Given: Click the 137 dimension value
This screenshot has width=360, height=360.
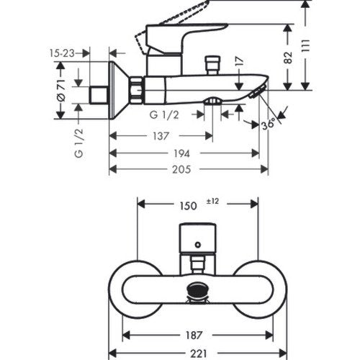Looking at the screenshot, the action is pyautogui.click(x=161, y=136).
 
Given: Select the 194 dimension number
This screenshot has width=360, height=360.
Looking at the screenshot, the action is pyautogui.click(x=181, y=153).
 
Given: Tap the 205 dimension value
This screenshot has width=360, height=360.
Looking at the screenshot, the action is pyautogui.click(x=181, y=169).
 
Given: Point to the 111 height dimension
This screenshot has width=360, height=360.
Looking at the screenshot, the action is pyautogui.click(x=305, y=46).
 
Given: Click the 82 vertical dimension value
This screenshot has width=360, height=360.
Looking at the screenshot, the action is pyautogui.click(x=288, y=58).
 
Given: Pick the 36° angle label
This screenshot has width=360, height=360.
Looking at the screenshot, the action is pyautogui.click(x=268, y=125).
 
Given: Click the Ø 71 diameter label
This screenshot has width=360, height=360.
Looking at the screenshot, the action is pyautogui.click(x=61, y=90).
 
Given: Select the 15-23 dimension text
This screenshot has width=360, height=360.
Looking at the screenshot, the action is pyautogui.click(x=62, y=53).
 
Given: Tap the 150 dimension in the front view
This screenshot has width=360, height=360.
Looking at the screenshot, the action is pyautogui.click(x=189, y=206).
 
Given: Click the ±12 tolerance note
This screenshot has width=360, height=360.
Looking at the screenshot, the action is pyautogui.click(x=212, y=201).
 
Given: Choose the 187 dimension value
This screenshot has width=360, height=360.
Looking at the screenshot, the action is pyautogui.click(x=194, y=336).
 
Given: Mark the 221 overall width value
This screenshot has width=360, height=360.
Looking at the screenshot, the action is pyautogui.click(x=199, y=354).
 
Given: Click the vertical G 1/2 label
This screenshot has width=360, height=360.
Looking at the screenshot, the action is pyautogui.click(x=79, y=143).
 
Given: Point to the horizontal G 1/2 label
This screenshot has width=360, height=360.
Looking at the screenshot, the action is pyautogui.click(x=164, y=115).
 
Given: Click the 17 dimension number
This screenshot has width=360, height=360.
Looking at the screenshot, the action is pyautogui.click(x=240, y=61).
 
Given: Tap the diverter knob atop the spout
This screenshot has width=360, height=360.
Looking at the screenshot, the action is pyautogui.click(x=212, y=66).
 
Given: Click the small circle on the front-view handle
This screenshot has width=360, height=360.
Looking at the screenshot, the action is pyautogui.click(x=198, y=245).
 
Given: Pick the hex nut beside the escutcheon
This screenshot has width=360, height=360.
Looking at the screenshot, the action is pyautogui.click(x=137, y=90).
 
